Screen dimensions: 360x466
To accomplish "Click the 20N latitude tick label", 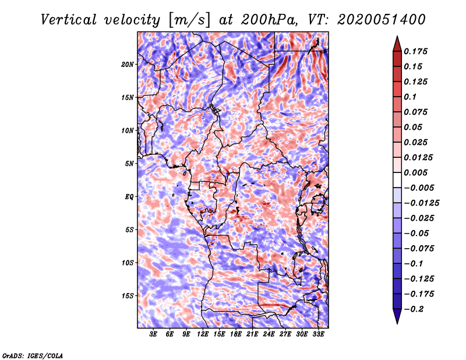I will click(x=128, y=64).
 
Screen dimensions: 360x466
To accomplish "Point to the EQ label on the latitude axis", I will click(x=129, y=196).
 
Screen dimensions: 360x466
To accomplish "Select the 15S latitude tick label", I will click(x=128, y=295).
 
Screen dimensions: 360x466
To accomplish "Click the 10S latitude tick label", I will click(x=128, y=263).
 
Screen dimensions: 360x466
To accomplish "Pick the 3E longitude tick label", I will click(x=154, y=334).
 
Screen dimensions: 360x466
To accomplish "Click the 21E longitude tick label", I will click(x=252, y=334).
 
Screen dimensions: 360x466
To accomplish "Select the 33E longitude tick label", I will click(x=318, y=334).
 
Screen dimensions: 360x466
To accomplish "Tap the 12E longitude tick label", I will click(x=203, y=334).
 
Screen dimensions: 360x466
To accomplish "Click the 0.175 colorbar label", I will click(x=417, y=51).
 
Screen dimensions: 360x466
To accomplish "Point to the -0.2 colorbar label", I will click(x=416, y=309).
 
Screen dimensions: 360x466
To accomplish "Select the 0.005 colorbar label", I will click(x=417, y=173).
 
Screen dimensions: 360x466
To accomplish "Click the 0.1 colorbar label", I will click(x=411, y=97).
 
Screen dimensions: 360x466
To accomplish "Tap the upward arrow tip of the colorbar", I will click(x=396, y=37).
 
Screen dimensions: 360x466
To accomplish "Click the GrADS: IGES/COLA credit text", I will click(x=33, y=355).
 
